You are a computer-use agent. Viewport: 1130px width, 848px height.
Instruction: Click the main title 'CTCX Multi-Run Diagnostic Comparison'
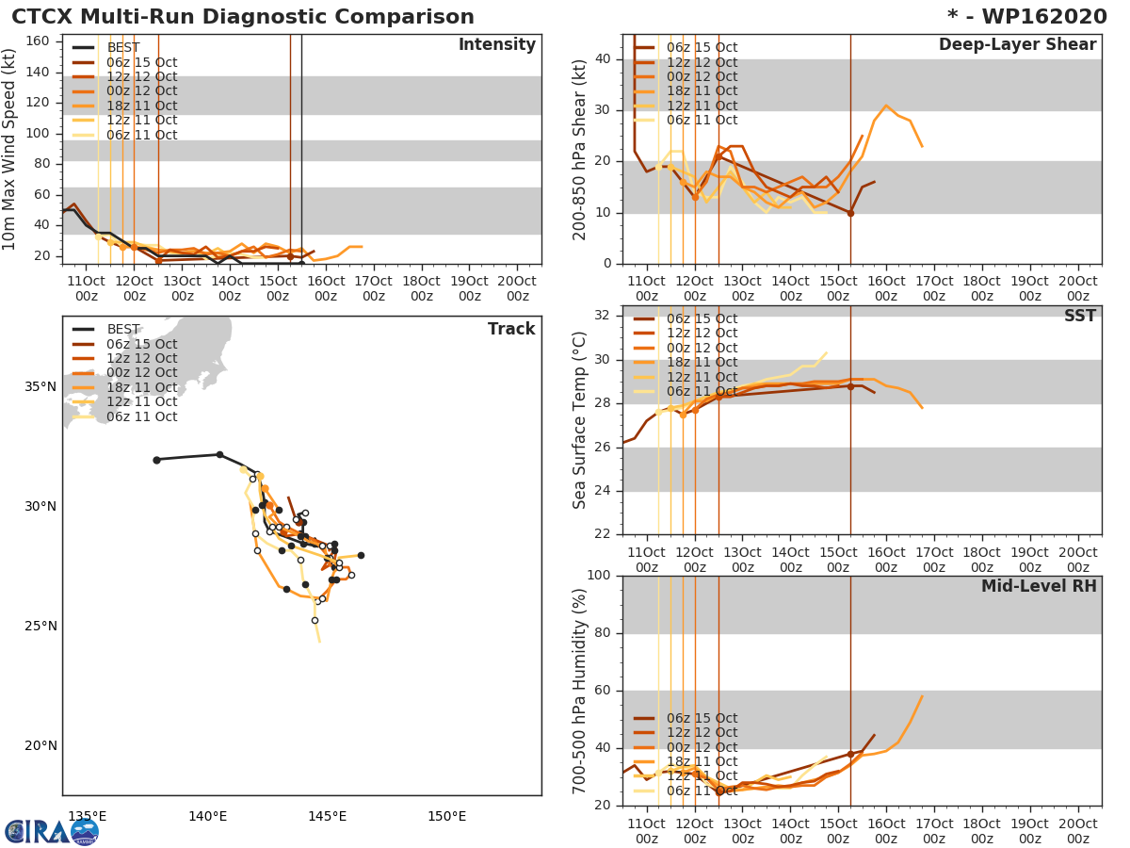point(243,17)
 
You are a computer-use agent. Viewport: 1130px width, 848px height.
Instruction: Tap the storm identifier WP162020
point(1032,17)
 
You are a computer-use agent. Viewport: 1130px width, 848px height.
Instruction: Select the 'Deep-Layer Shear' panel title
point(1017,45)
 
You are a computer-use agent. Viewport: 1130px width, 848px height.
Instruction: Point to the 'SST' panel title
point(1079,316)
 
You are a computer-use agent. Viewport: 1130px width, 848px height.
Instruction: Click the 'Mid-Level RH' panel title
point(1038,586)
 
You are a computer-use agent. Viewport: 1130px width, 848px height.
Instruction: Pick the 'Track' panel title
point(511,329)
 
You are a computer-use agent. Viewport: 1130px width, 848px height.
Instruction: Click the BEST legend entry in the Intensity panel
point(123,48)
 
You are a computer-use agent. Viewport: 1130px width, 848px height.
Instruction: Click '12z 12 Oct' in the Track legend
point(141,359)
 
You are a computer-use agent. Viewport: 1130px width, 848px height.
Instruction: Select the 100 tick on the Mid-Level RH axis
point(601,576)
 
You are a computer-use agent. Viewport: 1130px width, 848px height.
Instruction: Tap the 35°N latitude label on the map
point(40,386)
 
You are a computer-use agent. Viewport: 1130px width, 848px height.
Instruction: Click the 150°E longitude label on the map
point(446,816)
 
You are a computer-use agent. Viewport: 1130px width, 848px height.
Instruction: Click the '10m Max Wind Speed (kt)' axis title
point(11,149)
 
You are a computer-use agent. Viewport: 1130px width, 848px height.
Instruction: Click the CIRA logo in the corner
point(51,831)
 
